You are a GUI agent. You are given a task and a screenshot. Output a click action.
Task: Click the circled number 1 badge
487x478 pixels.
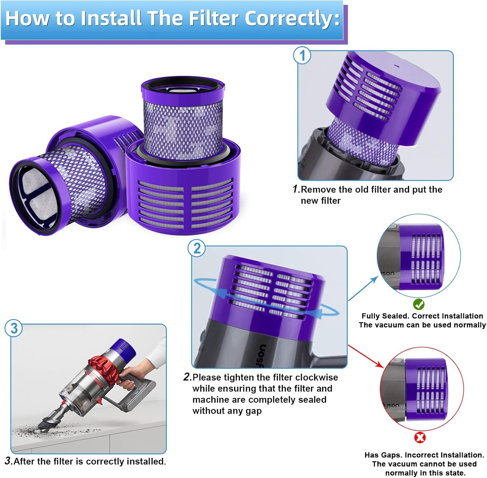(302, 55)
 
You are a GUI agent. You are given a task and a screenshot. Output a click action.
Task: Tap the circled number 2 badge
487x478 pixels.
(197, 248)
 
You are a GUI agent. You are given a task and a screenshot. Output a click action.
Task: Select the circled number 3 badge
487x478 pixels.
(14, 328)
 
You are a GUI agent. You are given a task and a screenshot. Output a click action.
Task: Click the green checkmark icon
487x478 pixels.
(419, 304)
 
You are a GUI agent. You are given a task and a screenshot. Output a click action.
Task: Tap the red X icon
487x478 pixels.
(420, 437)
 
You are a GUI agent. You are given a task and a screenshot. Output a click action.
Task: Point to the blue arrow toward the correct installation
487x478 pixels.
(364, 289)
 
